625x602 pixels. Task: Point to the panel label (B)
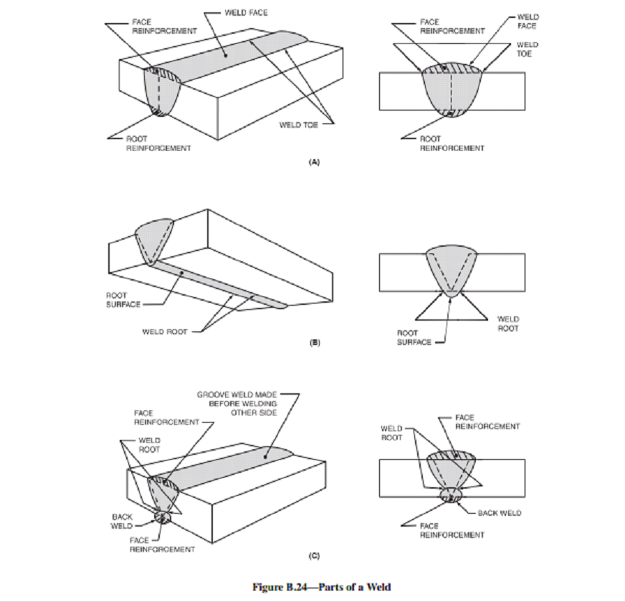(x=313, y=344)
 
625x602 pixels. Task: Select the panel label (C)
(x=313, y=555)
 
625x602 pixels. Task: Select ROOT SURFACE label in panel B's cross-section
(x=414, y=337)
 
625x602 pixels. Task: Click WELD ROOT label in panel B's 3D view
(x=164, y=331)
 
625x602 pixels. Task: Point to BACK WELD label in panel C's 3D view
(x=121, y=520)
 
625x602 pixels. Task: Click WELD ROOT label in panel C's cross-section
(x=391, y=433)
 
